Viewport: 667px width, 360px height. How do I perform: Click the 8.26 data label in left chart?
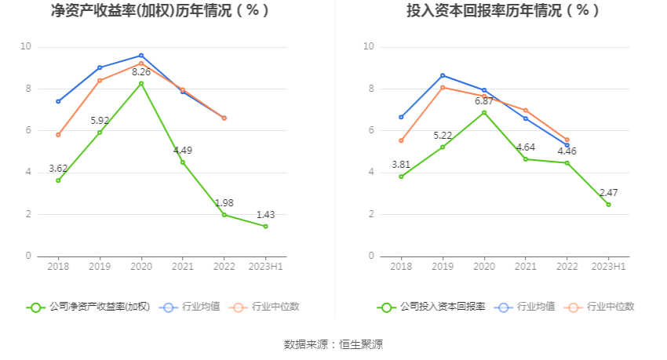click(x=141, y=72)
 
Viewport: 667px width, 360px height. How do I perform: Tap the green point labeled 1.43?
click(x=265, y=227)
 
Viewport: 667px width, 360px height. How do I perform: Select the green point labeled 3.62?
click(x=58, y=180)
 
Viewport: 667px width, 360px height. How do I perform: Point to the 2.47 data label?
click(x=609, y=192)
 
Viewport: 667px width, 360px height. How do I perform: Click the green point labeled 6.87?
click(x=484, y=112)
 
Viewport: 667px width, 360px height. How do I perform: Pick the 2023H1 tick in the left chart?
click(x=265, y=267)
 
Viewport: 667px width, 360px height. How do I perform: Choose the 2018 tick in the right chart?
click(x=401, y=267)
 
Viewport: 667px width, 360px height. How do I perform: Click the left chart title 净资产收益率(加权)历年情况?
click(x=160, y=11)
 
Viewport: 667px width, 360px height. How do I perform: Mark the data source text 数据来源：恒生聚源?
click(x=333, y=344)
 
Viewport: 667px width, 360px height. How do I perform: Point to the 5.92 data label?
click(x=100, y=121)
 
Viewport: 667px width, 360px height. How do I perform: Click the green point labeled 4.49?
click(x=183, y=162)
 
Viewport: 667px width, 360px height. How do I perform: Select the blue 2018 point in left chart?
click(x=58, y=101)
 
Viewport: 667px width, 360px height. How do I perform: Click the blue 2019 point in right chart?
click(x=443, y=75)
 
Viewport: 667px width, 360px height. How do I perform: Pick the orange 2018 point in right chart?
click(x=401, y=140)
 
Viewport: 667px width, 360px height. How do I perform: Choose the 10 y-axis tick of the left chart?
click(x=26, y=47)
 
